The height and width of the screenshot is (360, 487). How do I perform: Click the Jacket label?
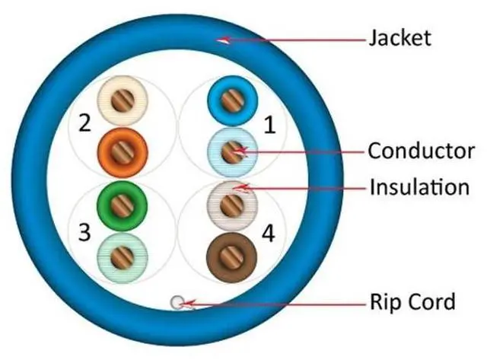coord(399,37)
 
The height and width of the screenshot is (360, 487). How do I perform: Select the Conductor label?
coord(421,151)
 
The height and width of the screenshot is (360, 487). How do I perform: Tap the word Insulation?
coord(419,186)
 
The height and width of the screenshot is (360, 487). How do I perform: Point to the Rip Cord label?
coord(412,302)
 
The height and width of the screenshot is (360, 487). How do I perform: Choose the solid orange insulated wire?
coord(121,149)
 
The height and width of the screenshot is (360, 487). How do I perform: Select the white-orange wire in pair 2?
coord(121,101)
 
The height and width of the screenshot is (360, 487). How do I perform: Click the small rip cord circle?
coord(177,302)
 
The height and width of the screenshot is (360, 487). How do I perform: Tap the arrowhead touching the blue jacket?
coord(222,40)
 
